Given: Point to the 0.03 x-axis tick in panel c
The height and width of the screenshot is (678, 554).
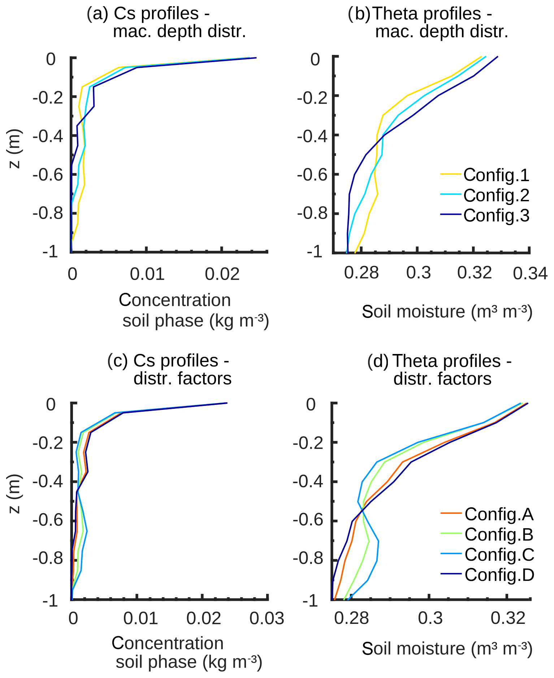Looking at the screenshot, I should pyautogui.click(x=267, y=618).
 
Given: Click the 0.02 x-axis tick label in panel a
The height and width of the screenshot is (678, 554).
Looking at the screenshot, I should pyautogui.click(x=222, y=274).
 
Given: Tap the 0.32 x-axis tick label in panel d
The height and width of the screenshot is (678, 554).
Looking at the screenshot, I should pyautogui.click(x=508, y=618).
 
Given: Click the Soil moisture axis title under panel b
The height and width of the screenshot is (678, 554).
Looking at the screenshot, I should pyautogui.click(x=447, y=311).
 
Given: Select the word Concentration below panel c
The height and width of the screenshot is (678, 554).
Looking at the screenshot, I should pyautogui.click(x=168, y=643).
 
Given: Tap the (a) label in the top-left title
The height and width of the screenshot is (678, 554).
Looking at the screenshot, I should pyautogui.click(x=97, y=14).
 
